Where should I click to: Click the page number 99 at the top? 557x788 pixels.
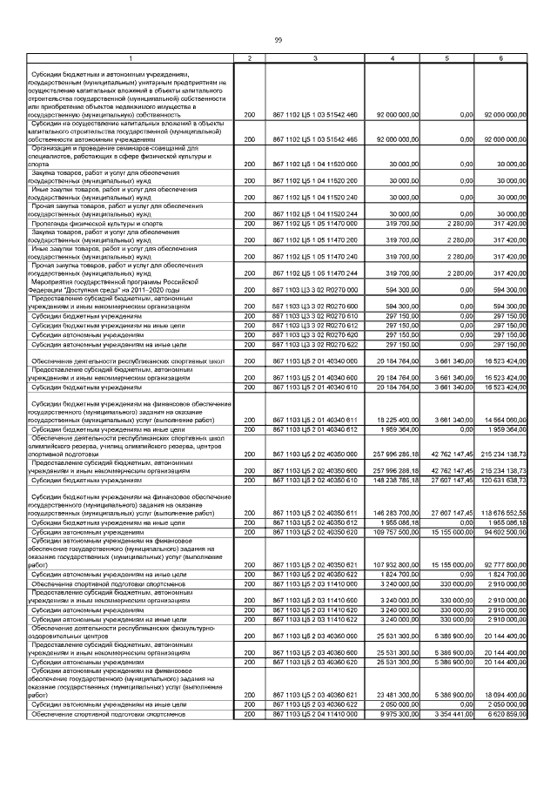coord(278,40)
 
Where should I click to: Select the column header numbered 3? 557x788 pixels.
coord(315,58)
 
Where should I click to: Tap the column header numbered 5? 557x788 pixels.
coord(447,58)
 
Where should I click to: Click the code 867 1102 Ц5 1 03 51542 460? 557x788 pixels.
coord(315,115)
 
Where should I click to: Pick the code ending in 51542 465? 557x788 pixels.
coord(315,139)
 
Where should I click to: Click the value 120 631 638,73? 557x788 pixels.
coord(501,480)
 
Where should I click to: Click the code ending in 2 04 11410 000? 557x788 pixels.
coord(315,715)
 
